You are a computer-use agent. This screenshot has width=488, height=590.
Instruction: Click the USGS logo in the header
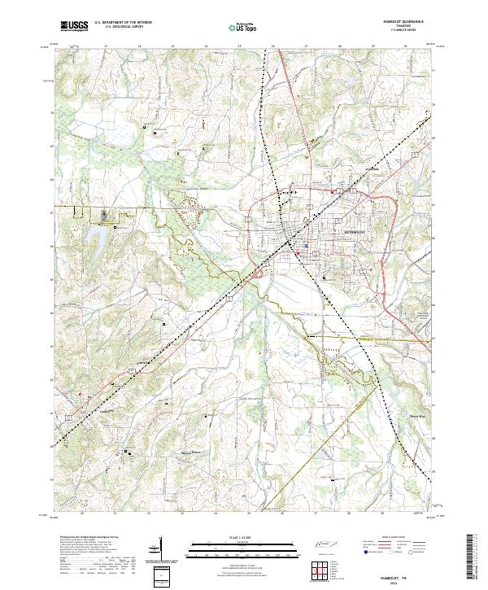[74, 26]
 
